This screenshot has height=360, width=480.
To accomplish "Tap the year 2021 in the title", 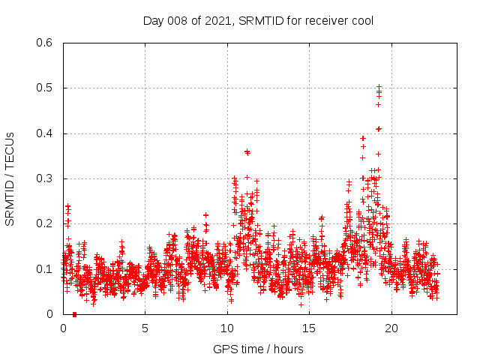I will tap(217, 21).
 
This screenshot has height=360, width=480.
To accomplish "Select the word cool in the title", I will tap(360, 21).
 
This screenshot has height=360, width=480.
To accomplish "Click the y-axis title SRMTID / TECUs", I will tap(10, 178).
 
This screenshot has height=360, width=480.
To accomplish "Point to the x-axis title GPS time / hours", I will tap(258, 349).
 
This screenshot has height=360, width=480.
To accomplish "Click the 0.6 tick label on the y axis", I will tap(46, 43).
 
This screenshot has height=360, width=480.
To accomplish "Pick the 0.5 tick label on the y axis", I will tap(46, 88).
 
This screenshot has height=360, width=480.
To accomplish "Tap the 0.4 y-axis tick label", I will tap(46, 133).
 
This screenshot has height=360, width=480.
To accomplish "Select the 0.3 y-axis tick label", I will tap(46, 178).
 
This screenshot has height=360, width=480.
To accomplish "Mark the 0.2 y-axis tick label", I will tap(46, 223).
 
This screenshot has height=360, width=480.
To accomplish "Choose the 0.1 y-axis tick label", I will tap(46, 268).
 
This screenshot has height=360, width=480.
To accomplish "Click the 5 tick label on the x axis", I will tap(145, 328).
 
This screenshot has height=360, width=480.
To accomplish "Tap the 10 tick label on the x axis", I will tap(227, 328).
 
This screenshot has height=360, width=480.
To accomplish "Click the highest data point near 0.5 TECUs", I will tap(379, 87).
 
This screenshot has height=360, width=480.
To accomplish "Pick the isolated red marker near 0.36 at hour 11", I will tap(247, 151).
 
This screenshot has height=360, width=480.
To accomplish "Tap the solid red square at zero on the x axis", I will tap(74, 314).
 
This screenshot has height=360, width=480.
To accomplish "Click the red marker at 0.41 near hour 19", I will tap(379, 129).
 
